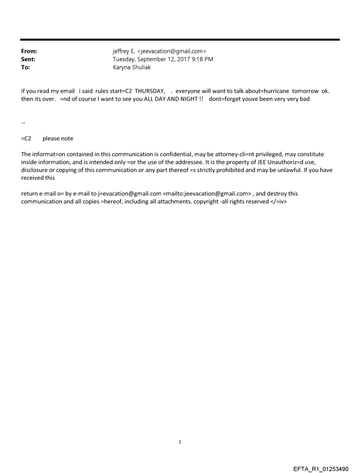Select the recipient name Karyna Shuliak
(x=132, y=67)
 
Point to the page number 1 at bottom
(x=180, y=442)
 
